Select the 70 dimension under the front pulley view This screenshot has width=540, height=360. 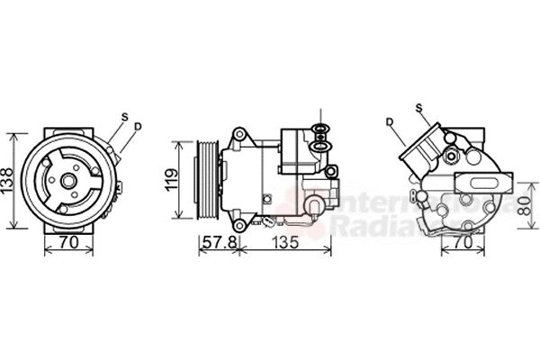click(x=68, y=242)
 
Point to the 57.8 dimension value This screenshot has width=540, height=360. click(x=219, y=243)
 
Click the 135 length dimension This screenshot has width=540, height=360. click(x=285, y=243)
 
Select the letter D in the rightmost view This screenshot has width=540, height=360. click(x=389, y=121)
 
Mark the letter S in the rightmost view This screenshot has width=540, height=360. click(x=418, y=109)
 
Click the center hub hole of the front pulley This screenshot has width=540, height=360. click(x=68, y=179)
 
